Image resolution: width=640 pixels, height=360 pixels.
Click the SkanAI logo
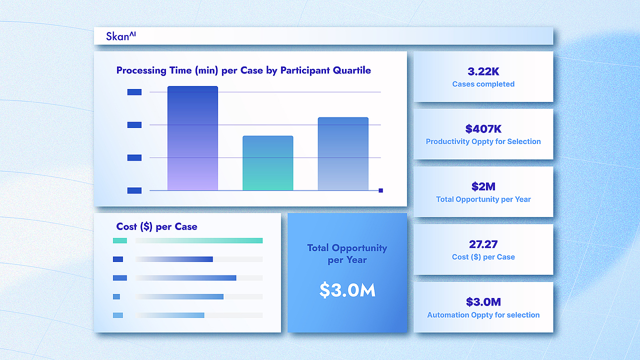coord(121,36)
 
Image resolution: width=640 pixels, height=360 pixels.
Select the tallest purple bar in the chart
coord(192,138)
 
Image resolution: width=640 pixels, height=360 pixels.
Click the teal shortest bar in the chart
coord(267,163)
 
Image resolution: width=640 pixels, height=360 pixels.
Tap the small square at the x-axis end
coord(380,190)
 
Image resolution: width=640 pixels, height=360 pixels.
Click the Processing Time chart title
coord(243,70)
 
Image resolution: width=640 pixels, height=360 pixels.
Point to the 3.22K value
coord(483,71)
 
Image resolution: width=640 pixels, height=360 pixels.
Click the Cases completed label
coord(483,84)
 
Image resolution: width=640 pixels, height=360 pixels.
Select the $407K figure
coord(483,129)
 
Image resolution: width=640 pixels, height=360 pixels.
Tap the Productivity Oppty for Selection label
coord(483,141)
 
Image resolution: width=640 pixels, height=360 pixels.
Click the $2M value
coord(483,186)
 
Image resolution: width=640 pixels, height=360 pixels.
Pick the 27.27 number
coord(483,244)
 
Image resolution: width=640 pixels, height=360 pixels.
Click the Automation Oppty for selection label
coord(483,315)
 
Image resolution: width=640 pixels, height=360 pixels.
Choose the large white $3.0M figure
coord(347,290)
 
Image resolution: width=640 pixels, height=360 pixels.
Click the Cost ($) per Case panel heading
coord(156,226)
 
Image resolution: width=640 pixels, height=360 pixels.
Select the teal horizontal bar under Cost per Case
coord(199,240)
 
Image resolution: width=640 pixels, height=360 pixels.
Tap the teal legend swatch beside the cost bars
coord(119,240)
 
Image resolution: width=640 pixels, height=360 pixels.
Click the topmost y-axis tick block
coord(134,92)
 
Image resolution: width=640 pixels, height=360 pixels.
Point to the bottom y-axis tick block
coord(134,190)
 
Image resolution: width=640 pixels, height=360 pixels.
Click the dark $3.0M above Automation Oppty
coord(483,301)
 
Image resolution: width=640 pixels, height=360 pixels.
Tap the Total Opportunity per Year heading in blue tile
coord(347,253)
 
